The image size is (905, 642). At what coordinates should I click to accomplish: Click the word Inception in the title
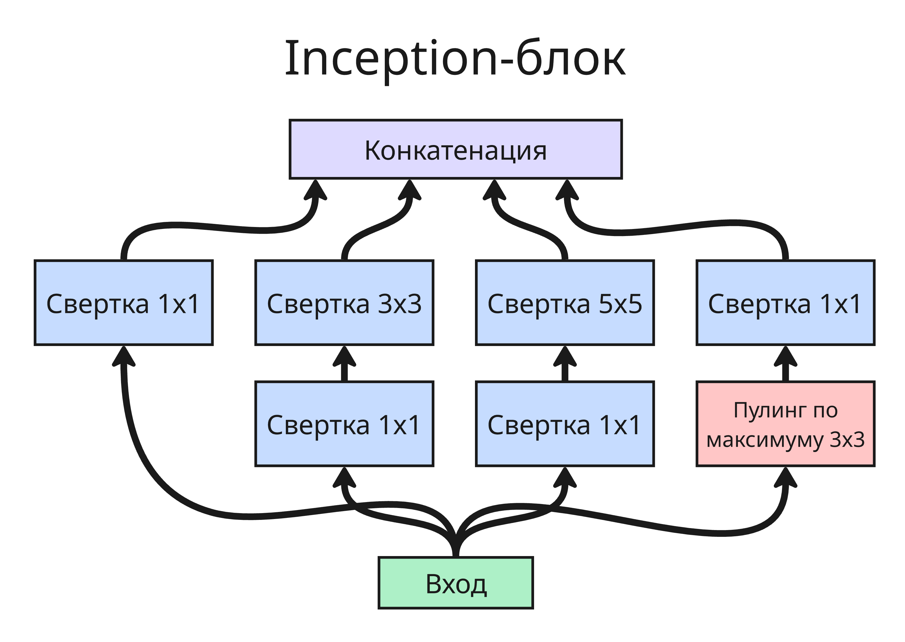(391, 59)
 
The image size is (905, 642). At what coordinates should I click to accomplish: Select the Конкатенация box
(455, 150)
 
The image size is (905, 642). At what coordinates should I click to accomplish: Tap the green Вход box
(455, 583)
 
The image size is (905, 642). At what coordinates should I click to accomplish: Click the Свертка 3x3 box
(344, 303)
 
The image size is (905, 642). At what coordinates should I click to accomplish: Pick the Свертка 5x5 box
(565, 303)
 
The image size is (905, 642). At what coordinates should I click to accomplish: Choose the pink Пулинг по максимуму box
(785, 424)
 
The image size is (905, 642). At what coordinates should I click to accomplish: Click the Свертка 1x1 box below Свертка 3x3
(344, 424)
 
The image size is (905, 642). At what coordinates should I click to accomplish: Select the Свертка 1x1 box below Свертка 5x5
(565, 424)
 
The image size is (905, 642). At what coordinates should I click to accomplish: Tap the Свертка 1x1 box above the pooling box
(785, 303)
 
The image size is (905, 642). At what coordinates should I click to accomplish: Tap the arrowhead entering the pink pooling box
(785, 479)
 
